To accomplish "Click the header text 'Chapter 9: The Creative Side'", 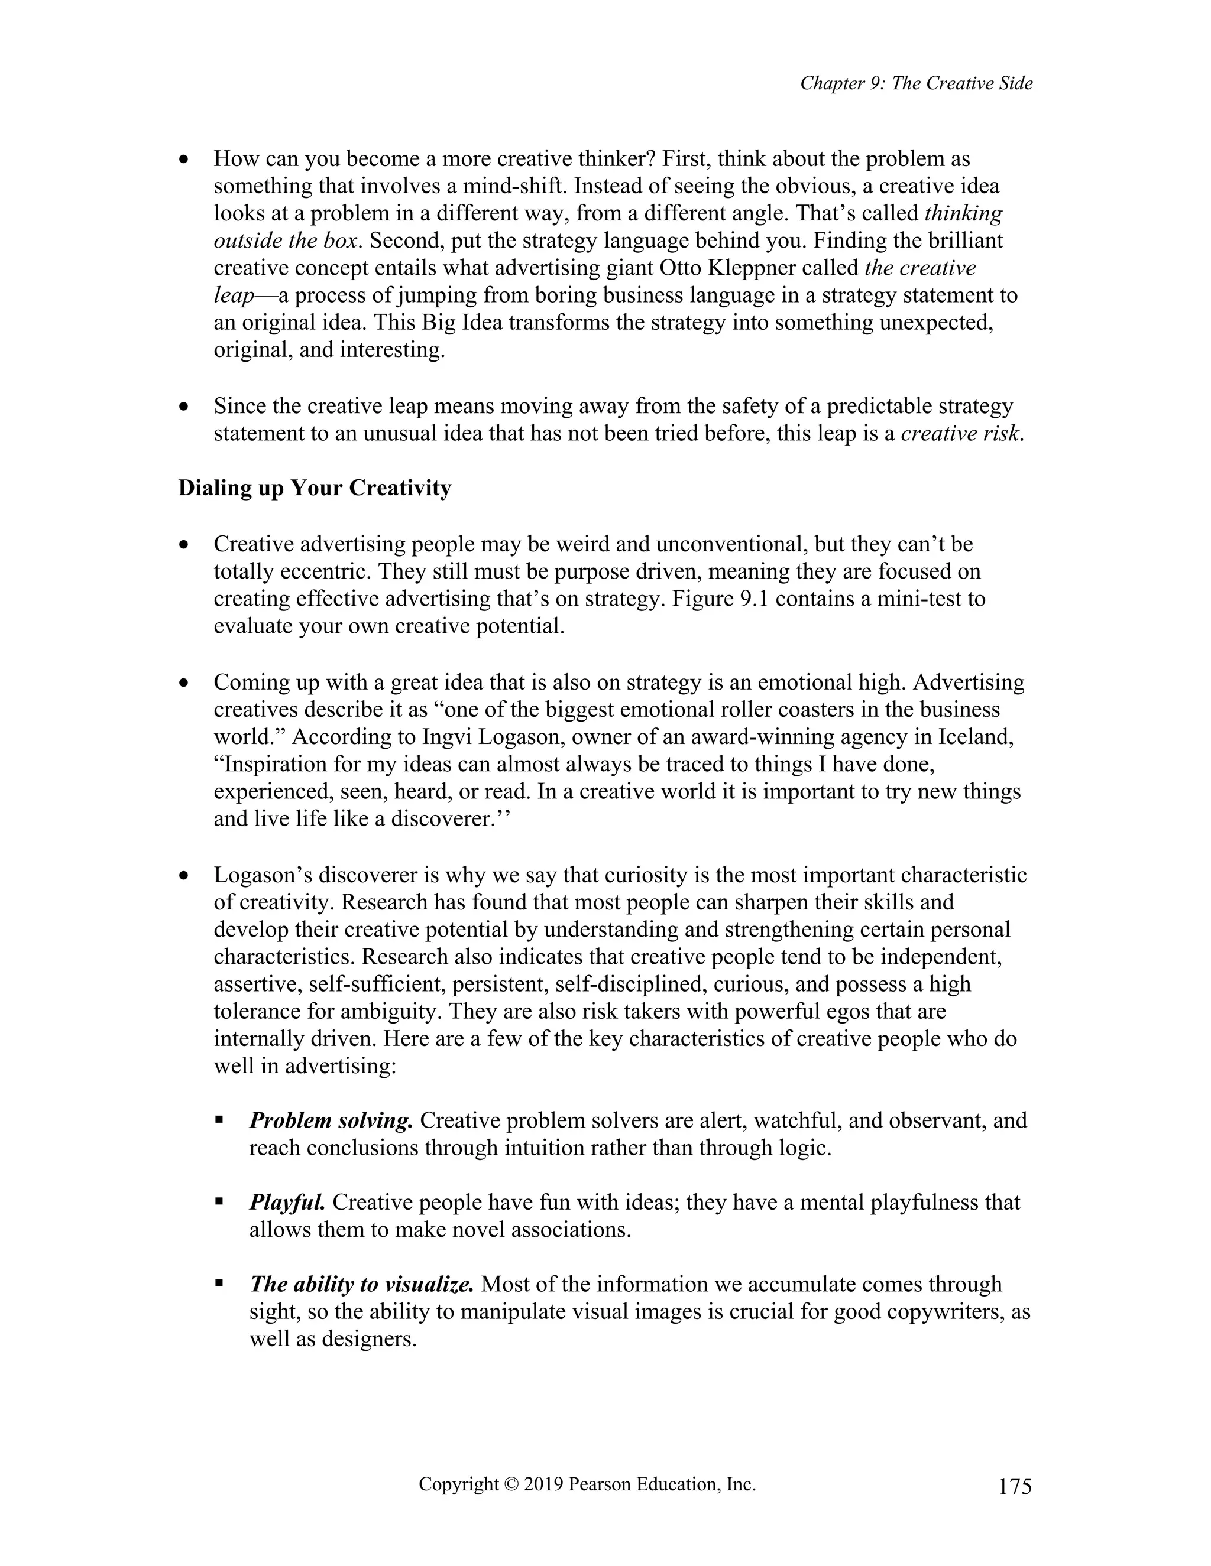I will (916, 84).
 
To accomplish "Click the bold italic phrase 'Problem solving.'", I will (331, 1120).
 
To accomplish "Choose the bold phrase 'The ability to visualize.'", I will (361, 1284).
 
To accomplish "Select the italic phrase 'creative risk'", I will (959, 434).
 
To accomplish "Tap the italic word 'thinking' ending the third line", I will (963, 214).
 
